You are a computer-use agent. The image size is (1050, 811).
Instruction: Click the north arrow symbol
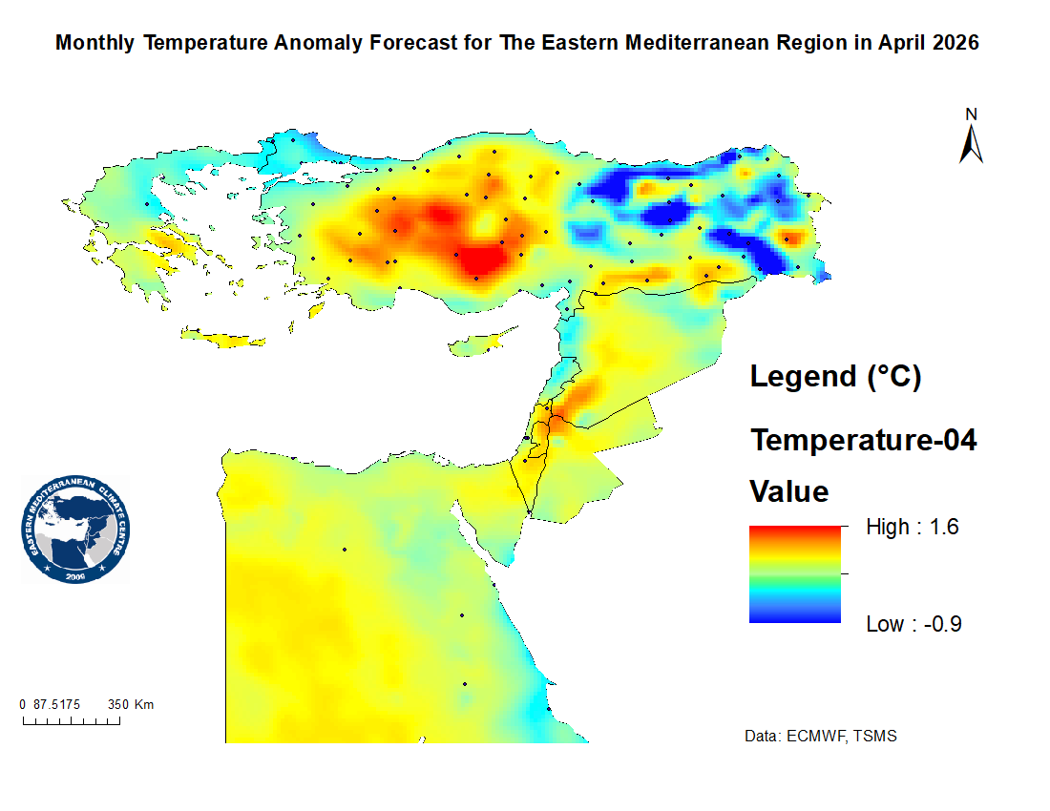(x=972, y=144)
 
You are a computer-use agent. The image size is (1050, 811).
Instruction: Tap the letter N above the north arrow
(x=972, y=114)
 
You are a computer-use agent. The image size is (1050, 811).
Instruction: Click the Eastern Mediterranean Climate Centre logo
(x=75, y=530)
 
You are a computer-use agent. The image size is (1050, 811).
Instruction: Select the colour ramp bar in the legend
(x=795, y=574)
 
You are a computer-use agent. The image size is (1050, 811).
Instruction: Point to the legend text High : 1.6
(x=912, y=527)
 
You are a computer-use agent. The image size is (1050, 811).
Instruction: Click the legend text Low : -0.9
(x=913, y=624)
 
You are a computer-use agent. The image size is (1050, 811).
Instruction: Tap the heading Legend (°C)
(x=835, y=376)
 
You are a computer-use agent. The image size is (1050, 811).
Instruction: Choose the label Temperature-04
(x=863, y=441)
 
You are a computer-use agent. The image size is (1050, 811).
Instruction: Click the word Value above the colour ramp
(x=788, y=492)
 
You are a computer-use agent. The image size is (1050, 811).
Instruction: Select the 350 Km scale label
(x=131, y=705)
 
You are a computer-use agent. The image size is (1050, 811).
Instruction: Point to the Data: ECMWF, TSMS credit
(x=820, y=737)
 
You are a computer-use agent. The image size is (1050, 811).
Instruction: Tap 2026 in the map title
(x=951, y=44)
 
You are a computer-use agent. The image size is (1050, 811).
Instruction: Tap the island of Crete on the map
(x=223, y=338)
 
